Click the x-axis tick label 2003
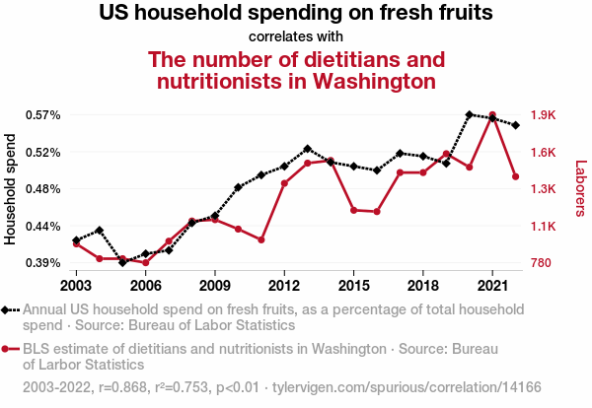pos(76,285)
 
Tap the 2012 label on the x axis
pos(284,285)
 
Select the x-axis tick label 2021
pos(492,285)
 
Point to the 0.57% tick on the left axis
pos(43,115)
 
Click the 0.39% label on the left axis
pos(43,263)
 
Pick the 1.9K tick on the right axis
pos(543,115)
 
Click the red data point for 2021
pos(492,115)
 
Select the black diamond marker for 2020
pos(470,115)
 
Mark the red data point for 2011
pos(260,239)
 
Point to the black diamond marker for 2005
pos(122,262)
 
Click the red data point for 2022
pos(516,176)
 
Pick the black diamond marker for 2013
pos(308,149)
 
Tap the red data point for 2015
pos(353,210)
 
